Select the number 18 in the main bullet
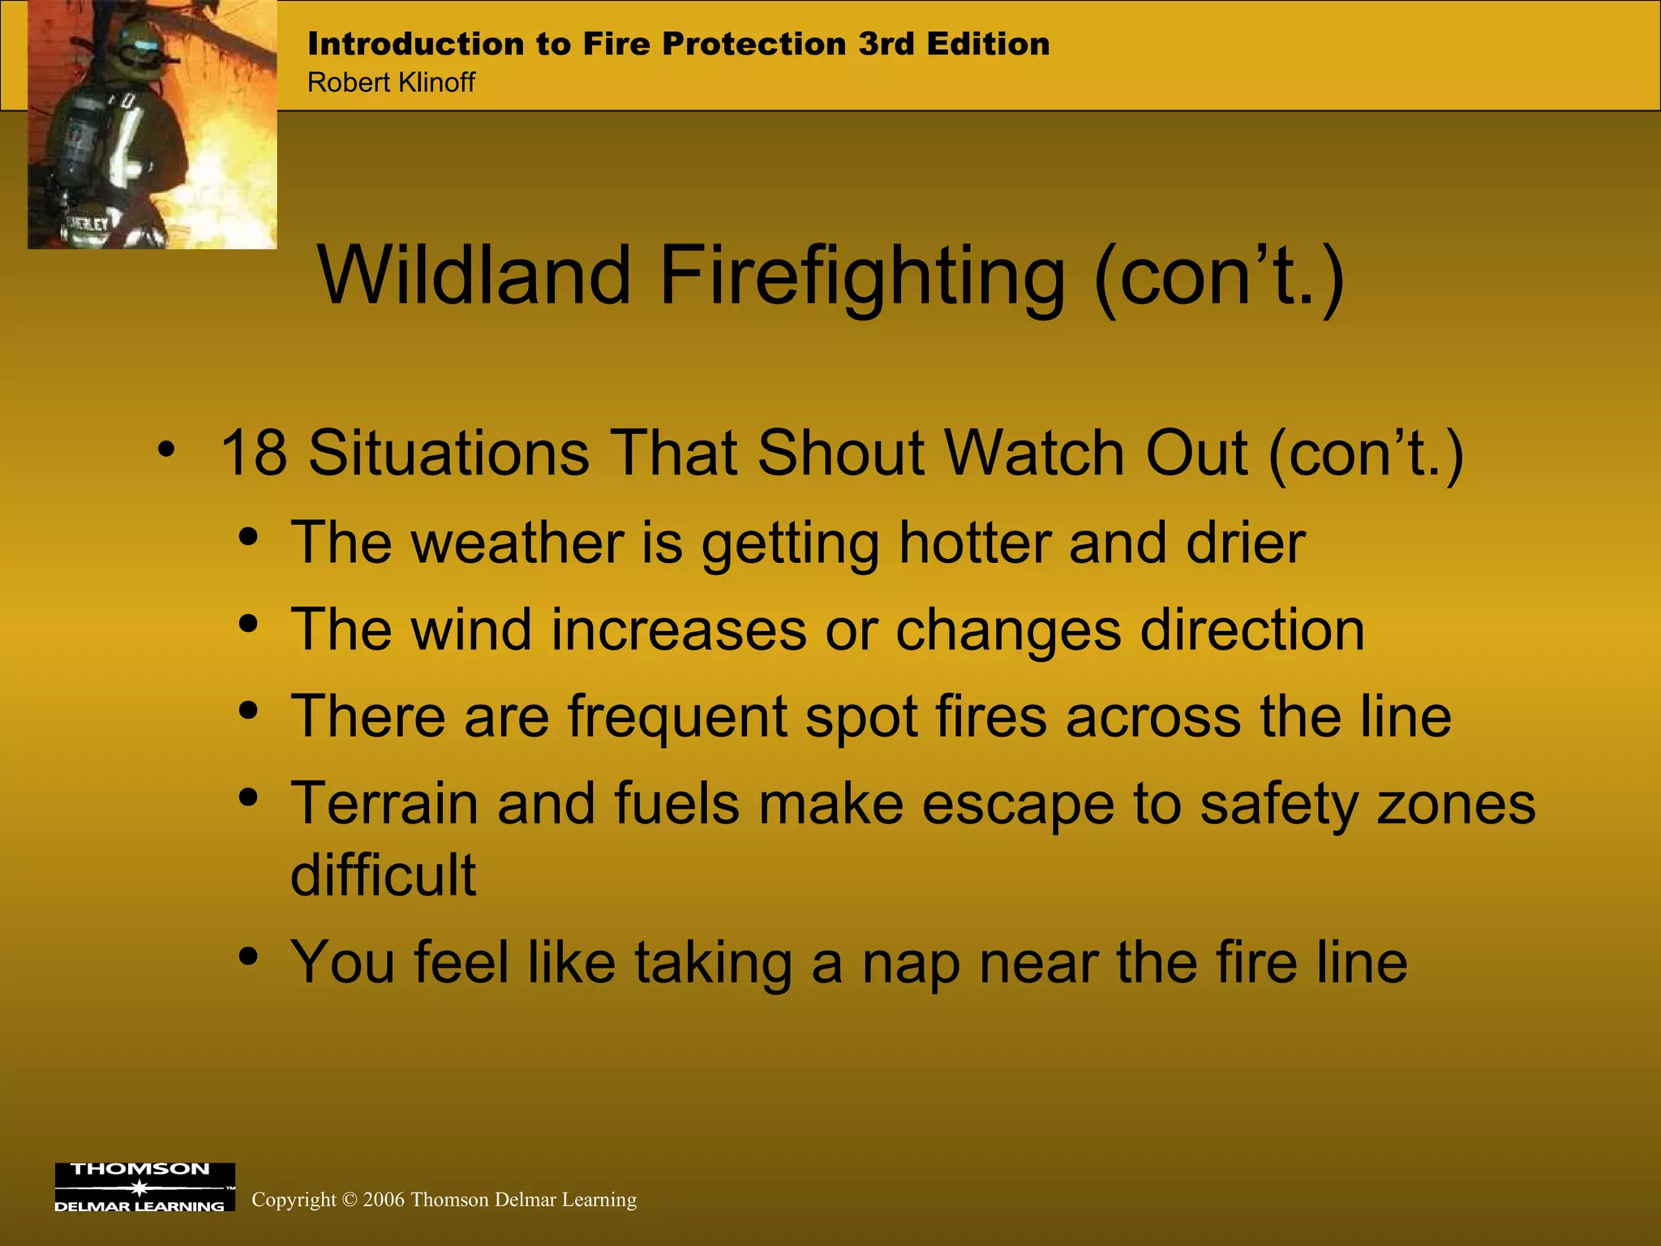pos(253,453)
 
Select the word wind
pos(471,629)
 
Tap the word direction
pos(1252,629)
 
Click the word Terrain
pos(384,804)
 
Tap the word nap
pos(911,962)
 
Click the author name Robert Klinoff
pos(391,83)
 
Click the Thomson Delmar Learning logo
pos(144,1187)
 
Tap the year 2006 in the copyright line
pos(383,1200)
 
